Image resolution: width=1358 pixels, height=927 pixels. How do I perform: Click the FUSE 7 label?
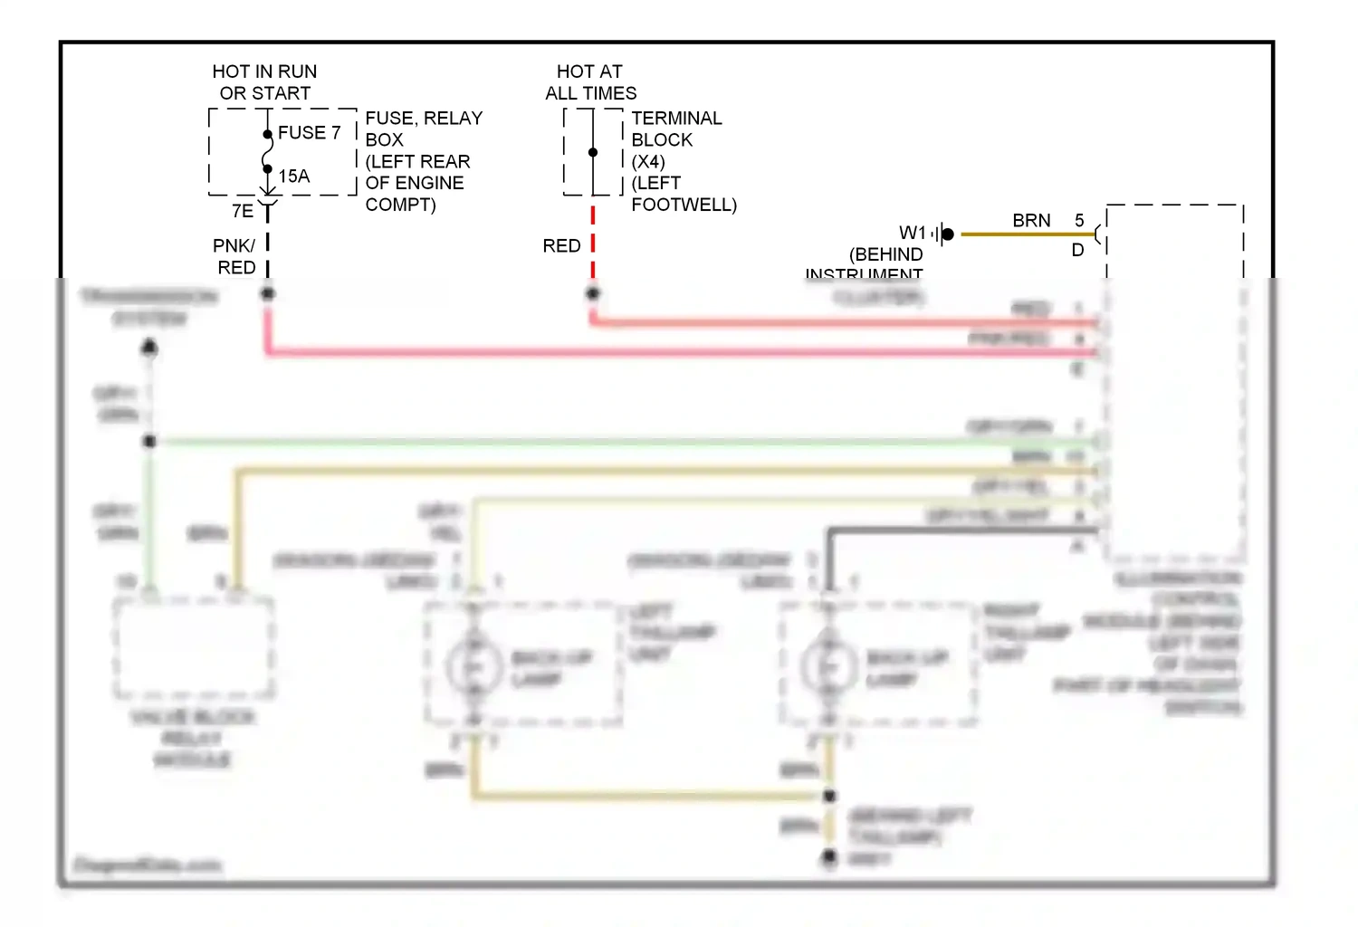coord(309,133)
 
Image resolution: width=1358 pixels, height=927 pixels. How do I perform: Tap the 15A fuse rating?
coord(293,177)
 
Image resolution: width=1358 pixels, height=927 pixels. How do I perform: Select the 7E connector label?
coord(243,212)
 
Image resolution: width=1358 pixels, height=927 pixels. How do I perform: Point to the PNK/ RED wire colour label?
coord(234,257)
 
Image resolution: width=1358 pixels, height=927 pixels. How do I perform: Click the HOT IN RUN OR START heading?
coord(264,82)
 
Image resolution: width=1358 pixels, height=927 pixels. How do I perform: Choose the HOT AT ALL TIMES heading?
coord(590,82)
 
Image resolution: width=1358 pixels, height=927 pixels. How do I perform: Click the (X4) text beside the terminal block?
coord(648,162)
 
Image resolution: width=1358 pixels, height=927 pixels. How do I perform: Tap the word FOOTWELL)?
coord(684,205)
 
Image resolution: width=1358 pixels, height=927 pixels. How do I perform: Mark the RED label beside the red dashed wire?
coord(561,246)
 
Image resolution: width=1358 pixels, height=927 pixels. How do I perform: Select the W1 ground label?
coord(913,234)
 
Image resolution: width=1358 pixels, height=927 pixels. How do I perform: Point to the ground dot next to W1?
coord(948,234)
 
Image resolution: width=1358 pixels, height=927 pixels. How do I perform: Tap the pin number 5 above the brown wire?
coord(1079,221)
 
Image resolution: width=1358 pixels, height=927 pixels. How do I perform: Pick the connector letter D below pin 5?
coord(1077,251)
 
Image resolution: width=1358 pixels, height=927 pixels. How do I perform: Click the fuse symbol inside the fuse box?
coord(267,152)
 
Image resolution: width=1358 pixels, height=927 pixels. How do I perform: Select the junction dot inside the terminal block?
coord(593,152)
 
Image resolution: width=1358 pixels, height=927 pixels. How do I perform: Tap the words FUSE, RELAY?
coord(424,119)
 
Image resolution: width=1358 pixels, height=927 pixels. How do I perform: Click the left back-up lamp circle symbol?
coord(473,666)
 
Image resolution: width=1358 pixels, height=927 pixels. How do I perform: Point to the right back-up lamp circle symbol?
coord(828,666)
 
